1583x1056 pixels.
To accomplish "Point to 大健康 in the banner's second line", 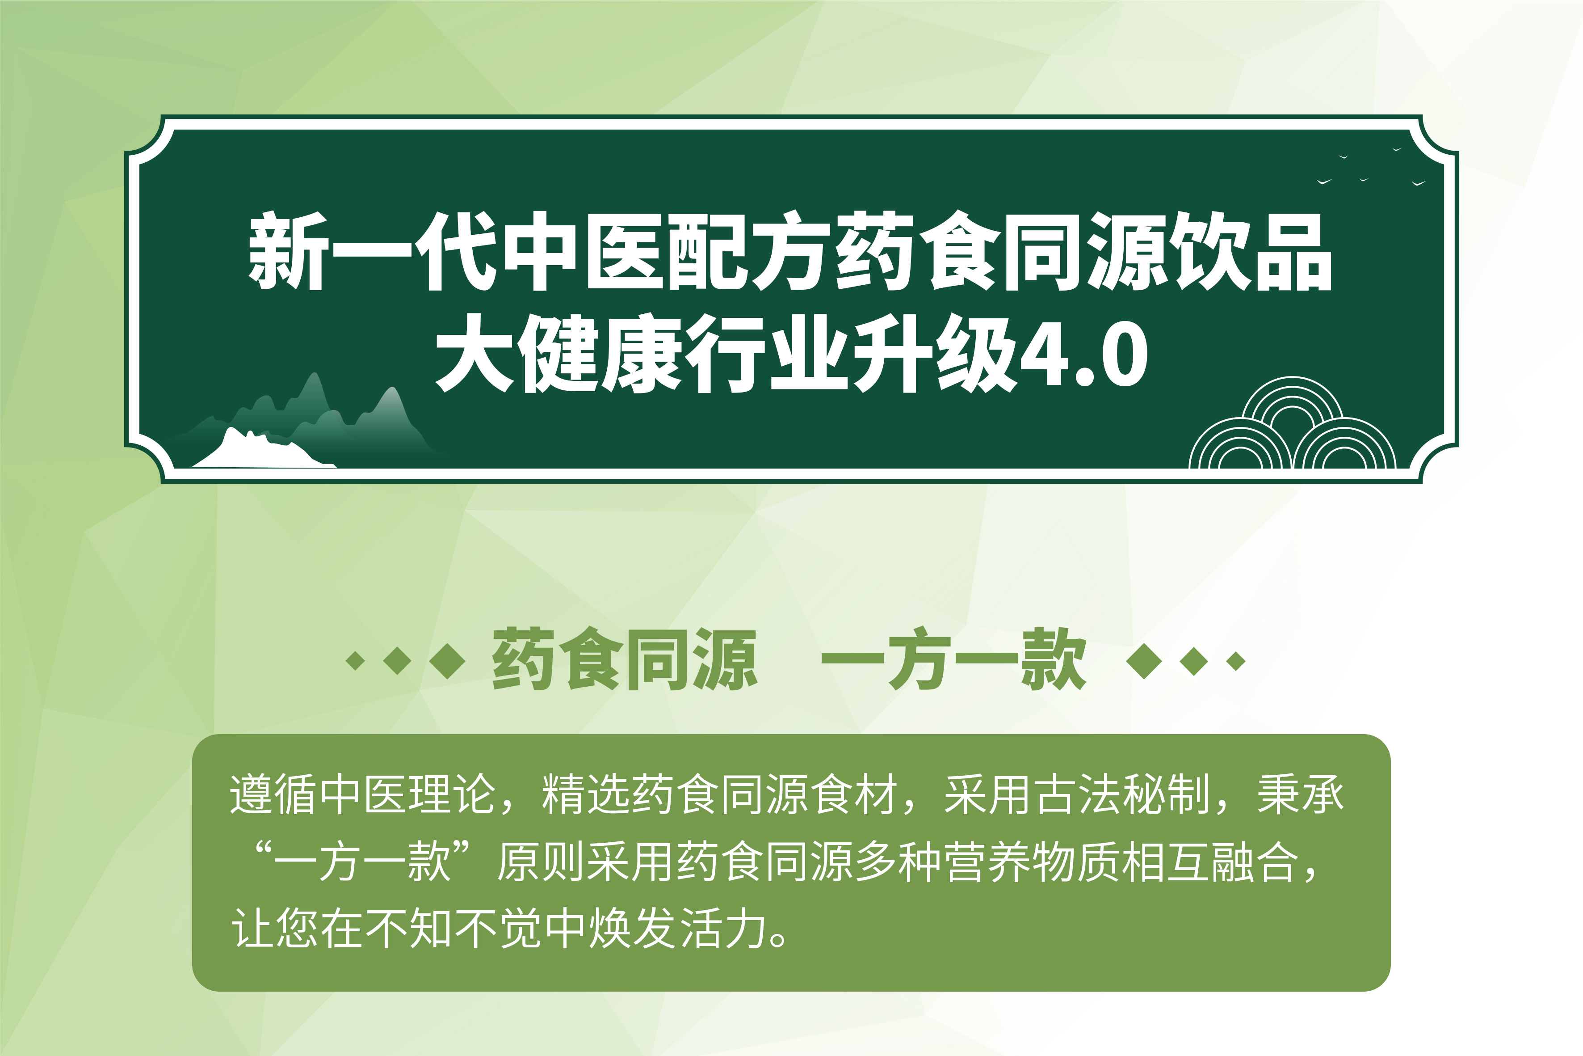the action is (558, 352).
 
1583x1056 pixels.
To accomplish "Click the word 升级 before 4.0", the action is (936, 352).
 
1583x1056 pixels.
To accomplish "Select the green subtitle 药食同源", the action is (625, 659).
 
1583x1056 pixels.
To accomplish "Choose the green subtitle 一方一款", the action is (954, 659).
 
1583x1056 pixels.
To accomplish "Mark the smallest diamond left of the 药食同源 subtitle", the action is (355, 661).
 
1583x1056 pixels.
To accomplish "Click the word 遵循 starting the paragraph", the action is (273, 795).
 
